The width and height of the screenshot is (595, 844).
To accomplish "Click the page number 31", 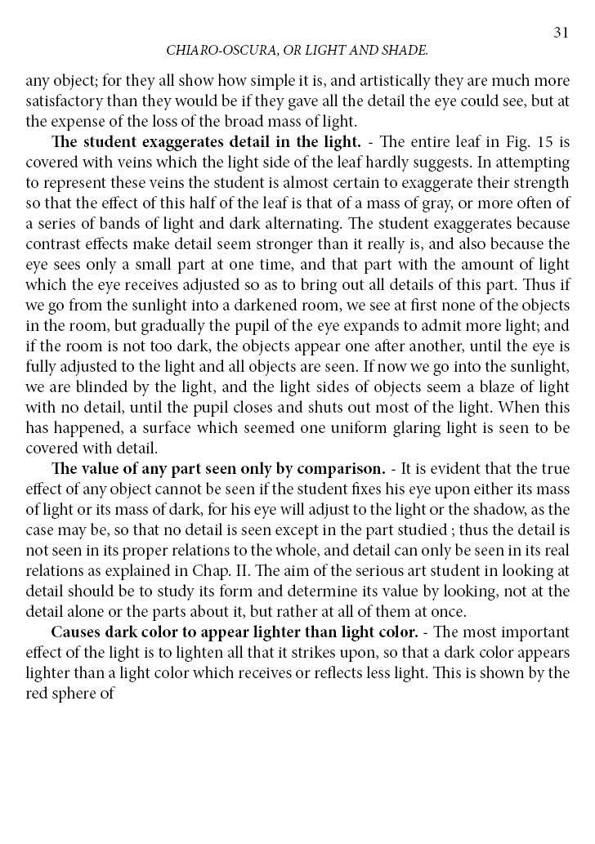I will point(561,32).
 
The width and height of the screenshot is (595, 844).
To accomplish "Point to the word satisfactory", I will point(62,102).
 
